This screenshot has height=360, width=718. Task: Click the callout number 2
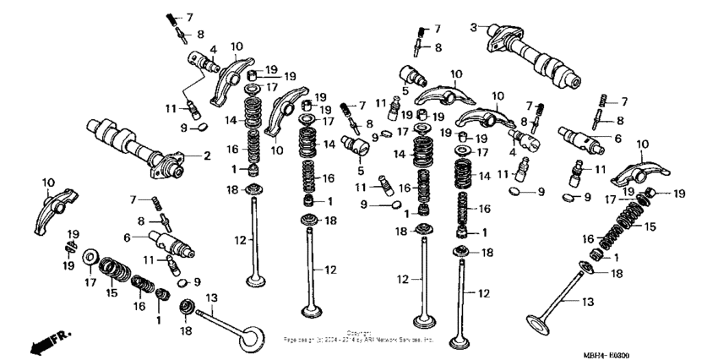[x=206, y=156]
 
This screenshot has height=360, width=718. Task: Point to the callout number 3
[x=474, y=26]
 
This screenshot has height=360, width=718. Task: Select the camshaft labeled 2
[x=135, y=145]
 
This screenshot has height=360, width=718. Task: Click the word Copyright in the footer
[x=359, y=332]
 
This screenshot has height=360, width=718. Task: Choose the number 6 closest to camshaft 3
[x=617, y=138]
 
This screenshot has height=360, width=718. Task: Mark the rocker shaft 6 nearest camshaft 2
[x=171, y=244]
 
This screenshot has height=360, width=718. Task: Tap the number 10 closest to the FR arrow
[x=47, y=182]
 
